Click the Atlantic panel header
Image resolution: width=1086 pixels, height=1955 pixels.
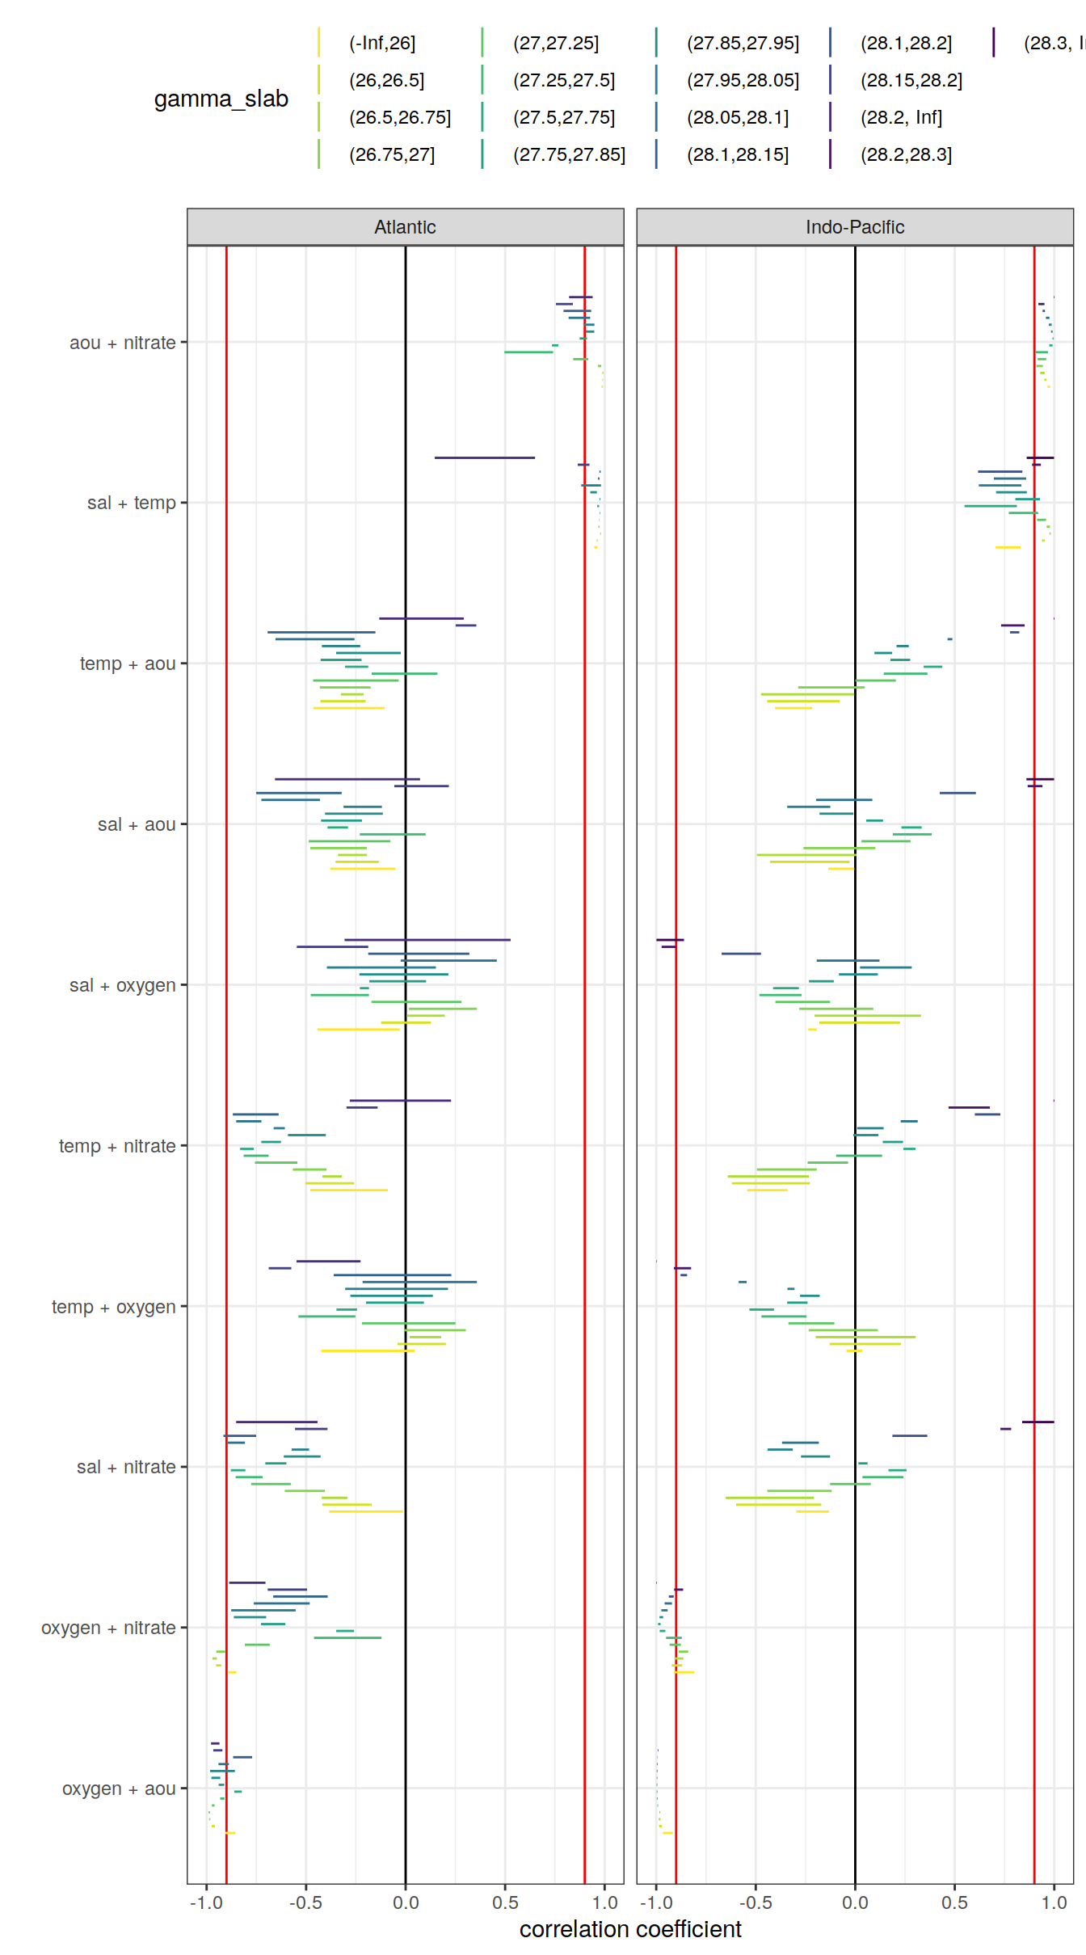(x=405, y=227)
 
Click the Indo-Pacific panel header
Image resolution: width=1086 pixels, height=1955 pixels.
(x=854, y=227)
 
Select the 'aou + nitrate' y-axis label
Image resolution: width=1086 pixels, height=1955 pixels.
(x=123, y=343)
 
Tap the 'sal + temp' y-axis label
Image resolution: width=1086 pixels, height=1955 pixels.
(x=132, y=503)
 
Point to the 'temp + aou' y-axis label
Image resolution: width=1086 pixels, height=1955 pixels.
(x=128, y=664)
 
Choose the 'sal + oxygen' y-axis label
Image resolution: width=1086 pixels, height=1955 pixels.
(x=123, y=985)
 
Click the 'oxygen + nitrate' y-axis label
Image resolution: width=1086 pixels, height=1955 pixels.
(x=108, y=1628)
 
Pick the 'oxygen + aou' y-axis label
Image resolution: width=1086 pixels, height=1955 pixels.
(x=119, y=1789)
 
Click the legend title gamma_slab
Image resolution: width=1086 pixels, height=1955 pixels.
(x=221, y=99)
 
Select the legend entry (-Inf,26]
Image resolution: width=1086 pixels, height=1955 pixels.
(x=382, y=43)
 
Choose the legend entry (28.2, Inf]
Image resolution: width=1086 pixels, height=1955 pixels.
(x=901, y=117)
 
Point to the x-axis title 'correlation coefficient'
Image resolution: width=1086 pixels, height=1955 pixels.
(x=630, y=1929)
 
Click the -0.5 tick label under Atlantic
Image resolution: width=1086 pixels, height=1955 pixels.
(x=305, y=1902)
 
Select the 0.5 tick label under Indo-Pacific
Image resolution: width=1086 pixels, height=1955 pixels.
(x=954, y=1902)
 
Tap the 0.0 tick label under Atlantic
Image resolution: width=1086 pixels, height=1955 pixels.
(x=406, y=1902)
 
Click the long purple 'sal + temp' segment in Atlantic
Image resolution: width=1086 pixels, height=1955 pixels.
(x=485, y=457)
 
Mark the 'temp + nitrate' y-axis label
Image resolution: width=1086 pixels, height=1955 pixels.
(x=117, y=1146)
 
